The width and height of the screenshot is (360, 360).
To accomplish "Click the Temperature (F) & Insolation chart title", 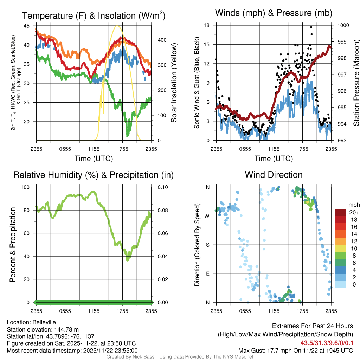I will point(94,15).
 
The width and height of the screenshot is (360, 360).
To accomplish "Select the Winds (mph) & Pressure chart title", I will point(274,13).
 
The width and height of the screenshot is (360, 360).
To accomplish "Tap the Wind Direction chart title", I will point(274,175).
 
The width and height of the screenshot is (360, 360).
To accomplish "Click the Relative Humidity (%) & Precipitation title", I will point(94,175).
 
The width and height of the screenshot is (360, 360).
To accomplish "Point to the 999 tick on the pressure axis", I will point(343,42).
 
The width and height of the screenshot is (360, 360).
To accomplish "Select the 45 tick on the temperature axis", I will point(27,26).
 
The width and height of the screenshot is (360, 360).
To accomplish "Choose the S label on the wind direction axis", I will point(208,245).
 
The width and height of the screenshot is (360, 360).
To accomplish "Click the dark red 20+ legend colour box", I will point(340,212).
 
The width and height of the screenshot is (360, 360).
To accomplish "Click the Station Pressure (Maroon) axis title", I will point(356,83).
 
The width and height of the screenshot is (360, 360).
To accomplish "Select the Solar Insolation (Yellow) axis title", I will point(174,83).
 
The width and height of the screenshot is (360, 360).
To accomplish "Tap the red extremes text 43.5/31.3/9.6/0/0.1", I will point(327,342).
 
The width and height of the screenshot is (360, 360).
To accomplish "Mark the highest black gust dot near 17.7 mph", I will point(311,27).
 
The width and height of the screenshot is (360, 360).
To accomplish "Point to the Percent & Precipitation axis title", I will point(12,245).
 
